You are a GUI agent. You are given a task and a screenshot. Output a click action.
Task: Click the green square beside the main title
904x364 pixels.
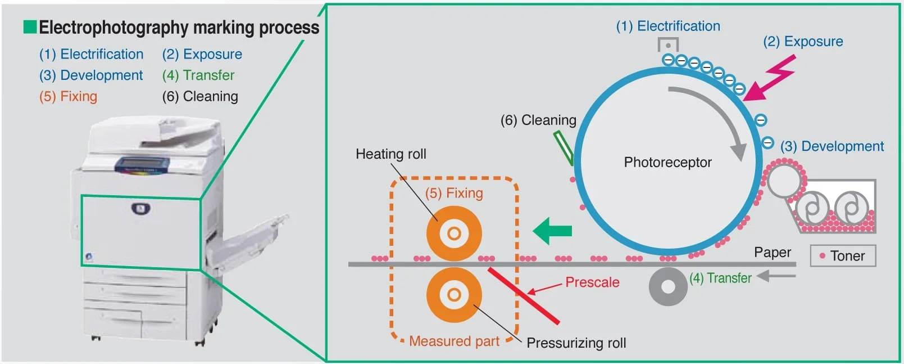(x=30, y=26)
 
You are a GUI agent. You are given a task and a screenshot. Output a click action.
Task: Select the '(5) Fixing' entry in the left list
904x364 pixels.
(x=68, y=97)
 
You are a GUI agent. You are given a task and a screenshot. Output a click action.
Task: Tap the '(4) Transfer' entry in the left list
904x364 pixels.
(x=198, y=75)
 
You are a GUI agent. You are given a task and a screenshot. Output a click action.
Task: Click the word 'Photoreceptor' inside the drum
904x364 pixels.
(x=667, y=163)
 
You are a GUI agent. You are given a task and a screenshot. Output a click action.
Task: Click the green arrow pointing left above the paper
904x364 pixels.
(x=552, y=231)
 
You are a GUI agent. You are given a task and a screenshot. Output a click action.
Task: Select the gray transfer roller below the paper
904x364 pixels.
(x=668, y=287)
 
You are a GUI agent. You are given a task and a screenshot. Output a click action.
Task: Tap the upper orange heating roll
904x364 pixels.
(x=454, y=233)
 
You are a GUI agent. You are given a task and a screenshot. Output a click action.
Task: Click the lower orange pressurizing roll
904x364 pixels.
(x=454, y=295)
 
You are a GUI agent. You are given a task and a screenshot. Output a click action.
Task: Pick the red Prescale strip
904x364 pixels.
(x=524, y=296)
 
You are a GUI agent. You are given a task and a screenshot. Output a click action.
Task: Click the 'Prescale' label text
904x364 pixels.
(x=592, y=282)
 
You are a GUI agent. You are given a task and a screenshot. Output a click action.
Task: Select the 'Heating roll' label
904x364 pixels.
(x=390, y=154)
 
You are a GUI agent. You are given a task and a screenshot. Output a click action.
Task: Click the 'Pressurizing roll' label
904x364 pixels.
(x=576, y=343)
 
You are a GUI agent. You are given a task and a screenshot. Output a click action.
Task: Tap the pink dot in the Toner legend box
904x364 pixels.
(x=822, y=256)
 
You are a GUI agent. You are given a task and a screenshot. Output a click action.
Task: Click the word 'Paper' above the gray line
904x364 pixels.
(x=773, y=253)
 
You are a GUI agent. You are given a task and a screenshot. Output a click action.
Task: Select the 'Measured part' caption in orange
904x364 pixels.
(x=454, y=341)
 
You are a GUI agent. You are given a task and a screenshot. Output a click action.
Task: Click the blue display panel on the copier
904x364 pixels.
(x=142, y=165)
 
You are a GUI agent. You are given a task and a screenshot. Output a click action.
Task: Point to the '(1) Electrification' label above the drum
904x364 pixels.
(x=668, y=26)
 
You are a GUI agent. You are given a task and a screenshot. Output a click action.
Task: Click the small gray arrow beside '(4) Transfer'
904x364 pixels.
(x=776, y=276)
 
